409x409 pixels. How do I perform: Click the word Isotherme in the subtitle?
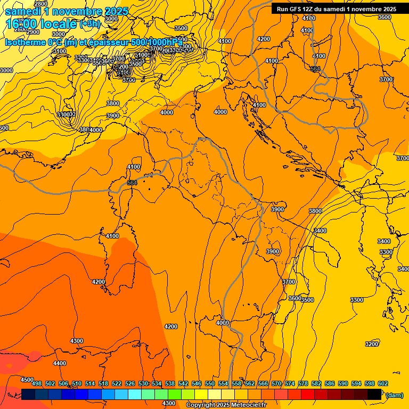coord(24,42)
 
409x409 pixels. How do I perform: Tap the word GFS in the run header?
coord(300,9)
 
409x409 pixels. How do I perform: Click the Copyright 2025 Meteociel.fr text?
coord(226,405)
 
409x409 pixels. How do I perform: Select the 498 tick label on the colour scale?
coord(37,383)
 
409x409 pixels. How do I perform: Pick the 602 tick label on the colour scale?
coord(382,383)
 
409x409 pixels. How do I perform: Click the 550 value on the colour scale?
coord(210,383)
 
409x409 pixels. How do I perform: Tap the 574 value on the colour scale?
coord(290,383)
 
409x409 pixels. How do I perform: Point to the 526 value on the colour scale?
coord(130,383)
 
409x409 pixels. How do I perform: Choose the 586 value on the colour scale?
coord(330,383)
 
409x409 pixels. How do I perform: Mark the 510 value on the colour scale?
coord(77,383)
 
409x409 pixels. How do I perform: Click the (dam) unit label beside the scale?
coord(394,395)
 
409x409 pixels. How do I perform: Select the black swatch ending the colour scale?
coord(374,394)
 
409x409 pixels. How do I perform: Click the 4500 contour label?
coord(27,380)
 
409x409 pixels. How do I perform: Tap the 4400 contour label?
coord(60,363)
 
